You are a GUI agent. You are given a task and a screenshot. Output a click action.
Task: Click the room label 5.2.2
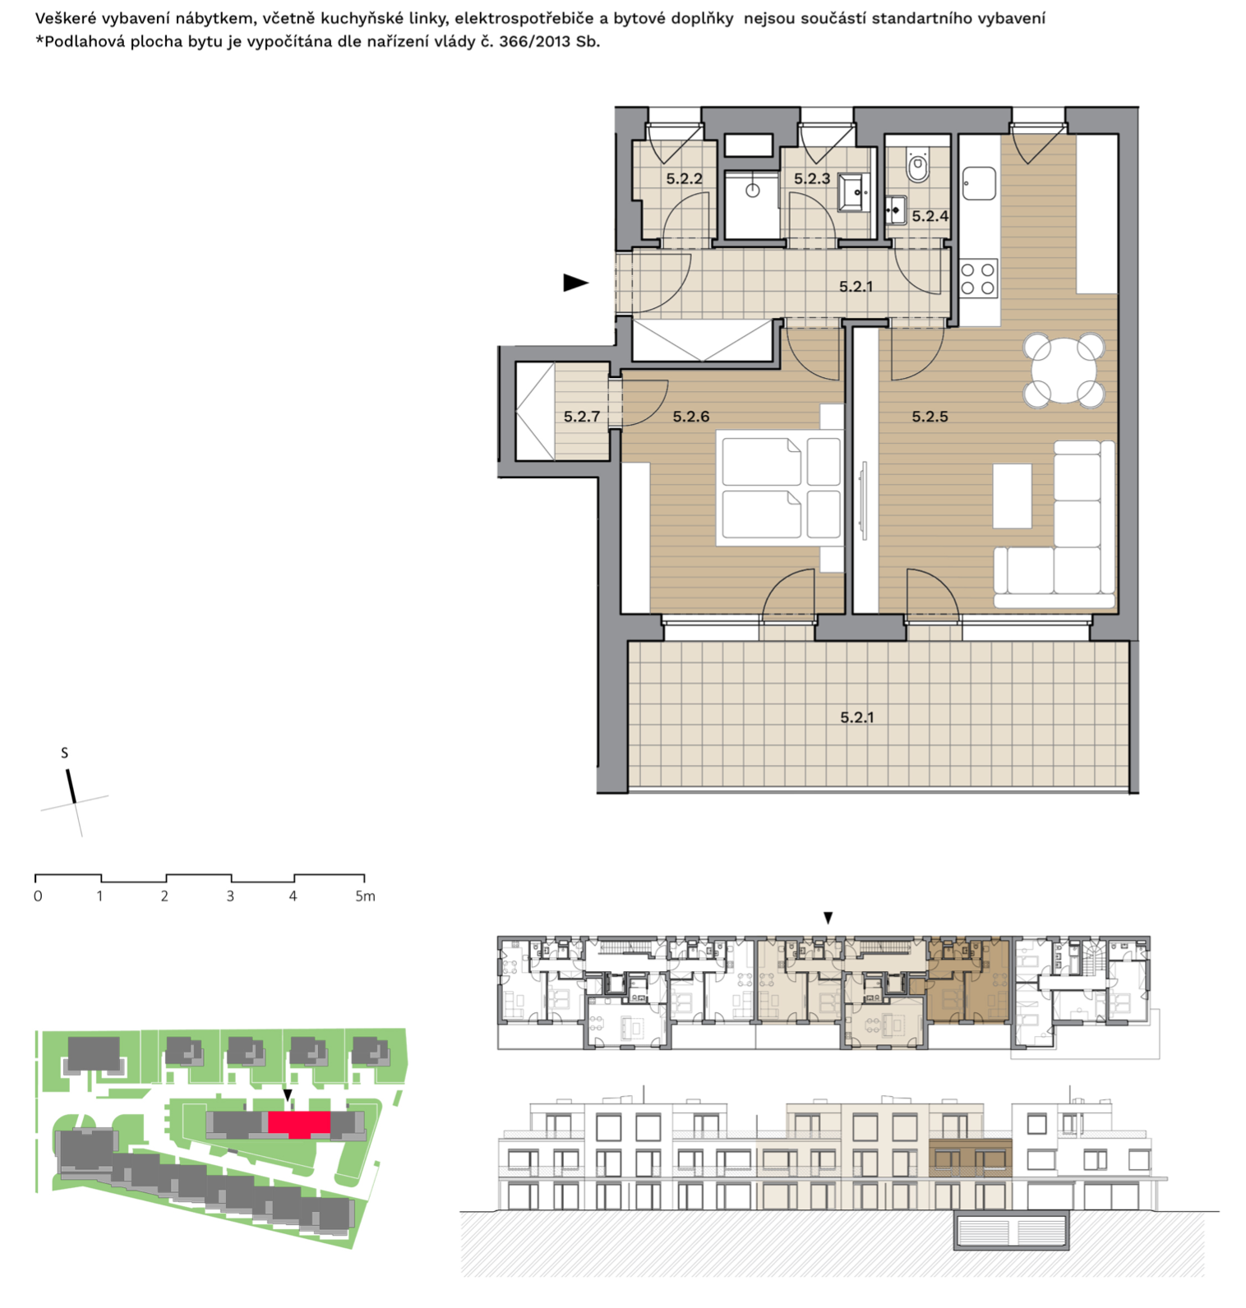[684, 178]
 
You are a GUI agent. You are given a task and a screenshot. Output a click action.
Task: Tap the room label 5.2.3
[811, 178]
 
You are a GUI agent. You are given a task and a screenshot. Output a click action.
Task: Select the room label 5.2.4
[930, 216]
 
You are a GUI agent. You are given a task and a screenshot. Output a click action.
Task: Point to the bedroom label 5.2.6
[690, 417]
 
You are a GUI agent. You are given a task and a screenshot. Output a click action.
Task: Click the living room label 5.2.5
[930, 417]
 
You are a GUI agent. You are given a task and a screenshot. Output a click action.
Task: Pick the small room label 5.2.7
[581, 417]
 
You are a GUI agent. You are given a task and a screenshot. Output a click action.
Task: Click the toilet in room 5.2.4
[917, 167]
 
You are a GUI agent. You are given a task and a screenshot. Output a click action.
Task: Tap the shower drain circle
[752, 191]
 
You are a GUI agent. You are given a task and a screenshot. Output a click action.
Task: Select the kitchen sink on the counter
[979, 183]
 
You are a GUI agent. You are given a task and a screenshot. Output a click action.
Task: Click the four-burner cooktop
[978, 279]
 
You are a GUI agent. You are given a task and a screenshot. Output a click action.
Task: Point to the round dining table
[1064, 370]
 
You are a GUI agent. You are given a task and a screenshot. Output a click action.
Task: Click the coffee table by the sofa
[1012, 496]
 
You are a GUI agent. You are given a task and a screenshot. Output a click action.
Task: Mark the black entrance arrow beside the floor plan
[575, 283]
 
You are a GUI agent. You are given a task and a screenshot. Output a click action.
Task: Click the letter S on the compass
[64, 753]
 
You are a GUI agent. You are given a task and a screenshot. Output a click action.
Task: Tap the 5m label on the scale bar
[365, 896]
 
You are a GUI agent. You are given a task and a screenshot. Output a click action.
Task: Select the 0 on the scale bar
[38, 896]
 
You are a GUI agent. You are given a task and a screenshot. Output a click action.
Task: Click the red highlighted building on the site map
[299, 1123]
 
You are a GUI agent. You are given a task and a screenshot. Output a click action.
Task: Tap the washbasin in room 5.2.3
[854, 192]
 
